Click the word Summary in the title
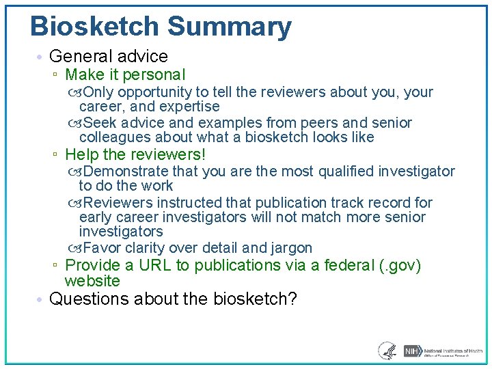[x=229, y=27]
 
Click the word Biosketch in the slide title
[x=94, y=27]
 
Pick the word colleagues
[x=113, y=137]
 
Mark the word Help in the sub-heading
[x=81, y=155]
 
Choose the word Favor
[x=102, y=248]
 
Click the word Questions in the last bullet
[x=85, y=299]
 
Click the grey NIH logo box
[x=411, y=351]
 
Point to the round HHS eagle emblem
[x=387, y=351]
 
